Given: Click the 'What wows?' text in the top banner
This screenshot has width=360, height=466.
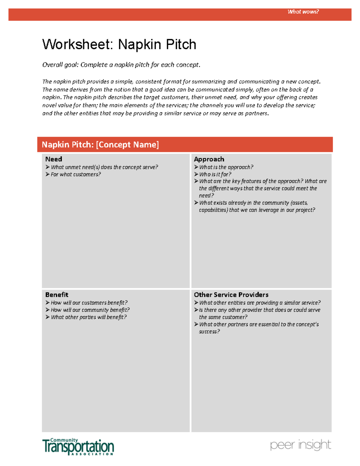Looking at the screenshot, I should pos(303,12).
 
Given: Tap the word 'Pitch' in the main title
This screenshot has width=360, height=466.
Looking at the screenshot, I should pos(181,44).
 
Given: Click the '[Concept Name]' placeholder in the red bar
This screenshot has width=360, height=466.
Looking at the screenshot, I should pos(127,145).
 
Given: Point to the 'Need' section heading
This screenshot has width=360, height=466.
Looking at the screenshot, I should pos(54,159).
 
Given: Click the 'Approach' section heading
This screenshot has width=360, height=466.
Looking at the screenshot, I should pos(209,159).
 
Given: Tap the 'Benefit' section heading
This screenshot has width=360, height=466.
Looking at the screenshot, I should pos(57,295).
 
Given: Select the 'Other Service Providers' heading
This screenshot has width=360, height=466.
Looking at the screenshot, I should pos(231,295).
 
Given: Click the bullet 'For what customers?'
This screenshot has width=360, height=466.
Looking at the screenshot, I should pos(76,174).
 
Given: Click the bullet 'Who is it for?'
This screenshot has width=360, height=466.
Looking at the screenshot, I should pos(215,174).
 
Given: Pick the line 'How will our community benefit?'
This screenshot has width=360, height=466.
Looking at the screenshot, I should pos(90,310).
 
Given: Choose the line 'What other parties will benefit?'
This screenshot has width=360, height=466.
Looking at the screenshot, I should pos(88,317).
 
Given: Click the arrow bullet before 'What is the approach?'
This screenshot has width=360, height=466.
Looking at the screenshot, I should pos(196,167).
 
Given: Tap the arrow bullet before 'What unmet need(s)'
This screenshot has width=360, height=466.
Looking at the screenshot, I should pos(47,167).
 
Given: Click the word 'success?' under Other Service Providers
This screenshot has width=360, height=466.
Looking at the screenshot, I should pos(209,332).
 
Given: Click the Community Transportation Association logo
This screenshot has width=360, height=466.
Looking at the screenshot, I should pos(78,446).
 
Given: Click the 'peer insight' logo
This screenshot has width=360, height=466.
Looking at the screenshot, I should pos(300,445).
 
